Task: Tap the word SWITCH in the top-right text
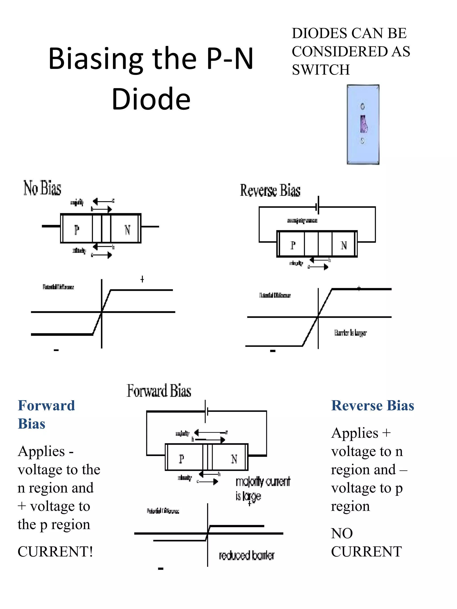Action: (x=321, y=69)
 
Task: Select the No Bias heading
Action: (x=42, y=188)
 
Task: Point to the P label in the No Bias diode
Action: (x=77, y=230)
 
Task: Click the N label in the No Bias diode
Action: (x=127, y=230)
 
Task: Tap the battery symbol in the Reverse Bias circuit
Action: (x=318, y=205)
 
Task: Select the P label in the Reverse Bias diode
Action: (x=293, y=245)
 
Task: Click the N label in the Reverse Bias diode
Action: (x=343, y=245)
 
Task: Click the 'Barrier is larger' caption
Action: (x=350, y=333)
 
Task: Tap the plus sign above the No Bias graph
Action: (x=142, y=279)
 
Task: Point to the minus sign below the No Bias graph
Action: (x=56, y=350)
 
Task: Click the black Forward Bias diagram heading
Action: (x=159, y=391)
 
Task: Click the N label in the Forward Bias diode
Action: (x=234, y=459)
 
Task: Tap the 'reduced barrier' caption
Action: (x=247, y=555)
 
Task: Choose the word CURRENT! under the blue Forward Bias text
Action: (x=55, y=551)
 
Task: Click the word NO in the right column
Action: (x=342, y=533)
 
